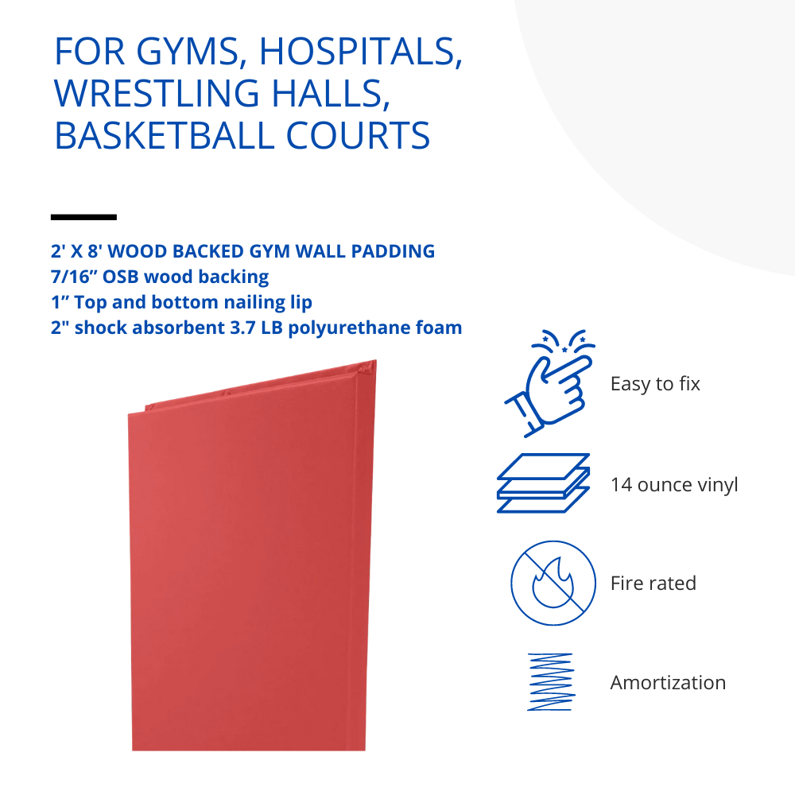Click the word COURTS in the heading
(x=359, y=135)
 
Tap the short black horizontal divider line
(x=83, y=217)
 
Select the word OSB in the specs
(x=121, y=277)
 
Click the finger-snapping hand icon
(x=550, y=383)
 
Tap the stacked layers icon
(x=543, y=483)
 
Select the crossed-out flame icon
(x=553, y=583)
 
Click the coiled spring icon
(x=550, y=682)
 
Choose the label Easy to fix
(x=655, y=384)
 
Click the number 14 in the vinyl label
(x=621, y=485)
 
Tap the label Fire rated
(x=653, y=583)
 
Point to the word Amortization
(x=668, y=682)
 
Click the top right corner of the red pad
(x=376, y=360)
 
